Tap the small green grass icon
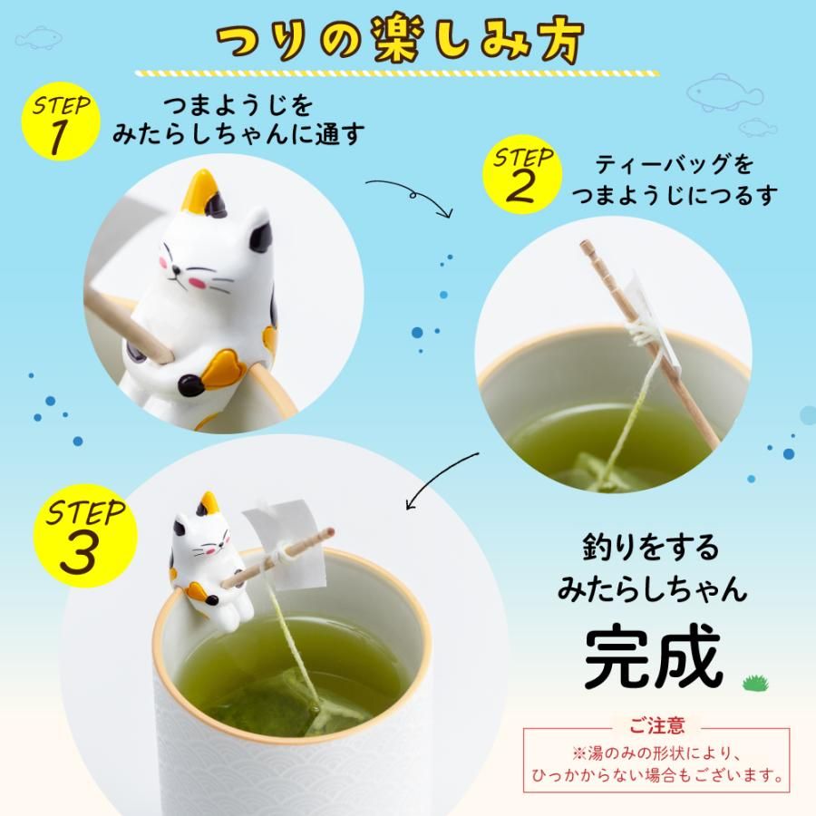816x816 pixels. pyautogui.click(x=752, y=682)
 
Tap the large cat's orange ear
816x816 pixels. pyautogui.click(x=200, y=191)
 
